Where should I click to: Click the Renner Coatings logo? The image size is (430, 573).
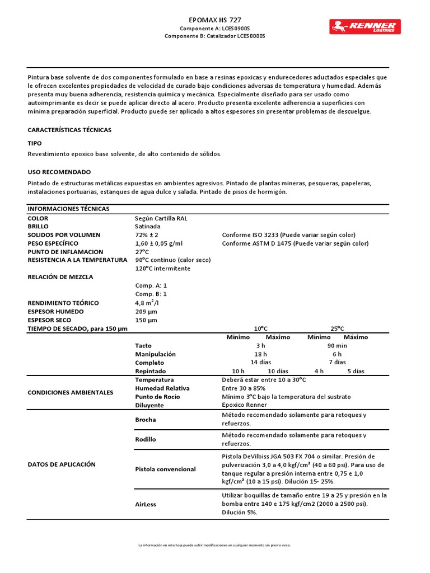click(364, 26)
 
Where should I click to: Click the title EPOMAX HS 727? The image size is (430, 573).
click(215, 20)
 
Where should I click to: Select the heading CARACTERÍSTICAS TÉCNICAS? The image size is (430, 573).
click(69, 130)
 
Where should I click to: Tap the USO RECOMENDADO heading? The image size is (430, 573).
click(59, 172)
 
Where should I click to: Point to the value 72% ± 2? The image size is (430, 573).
click(147, 235)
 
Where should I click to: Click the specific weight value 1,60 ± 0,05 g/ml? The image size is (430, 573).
click(159, 243)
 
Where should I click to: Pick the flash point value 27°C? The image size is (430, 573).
click(142, 252)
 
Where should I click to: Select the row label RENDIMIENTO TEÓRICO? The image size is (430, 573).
click(63, 303)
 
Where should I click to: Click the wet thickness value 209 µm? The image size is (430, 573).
click(146, 312)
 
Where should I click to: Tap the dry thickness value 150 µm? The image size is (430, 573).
click(146, 320)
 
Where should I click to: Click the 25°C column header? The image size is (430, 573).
click(337, 329)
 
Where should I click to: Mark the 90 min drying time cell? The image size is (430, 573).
click(337, 346)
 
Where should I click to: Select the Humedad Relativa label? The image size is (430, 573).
click(162, 388)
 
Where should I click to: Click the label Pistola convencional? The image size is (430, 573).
click(166, 469)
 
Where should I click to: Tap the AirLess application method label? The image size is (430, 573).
click(146, 504)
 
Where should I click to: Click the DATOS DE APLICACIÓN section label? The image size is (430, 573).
click(62, 464)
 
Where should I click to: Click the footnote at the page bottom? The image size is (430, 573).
click(214, 545)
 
